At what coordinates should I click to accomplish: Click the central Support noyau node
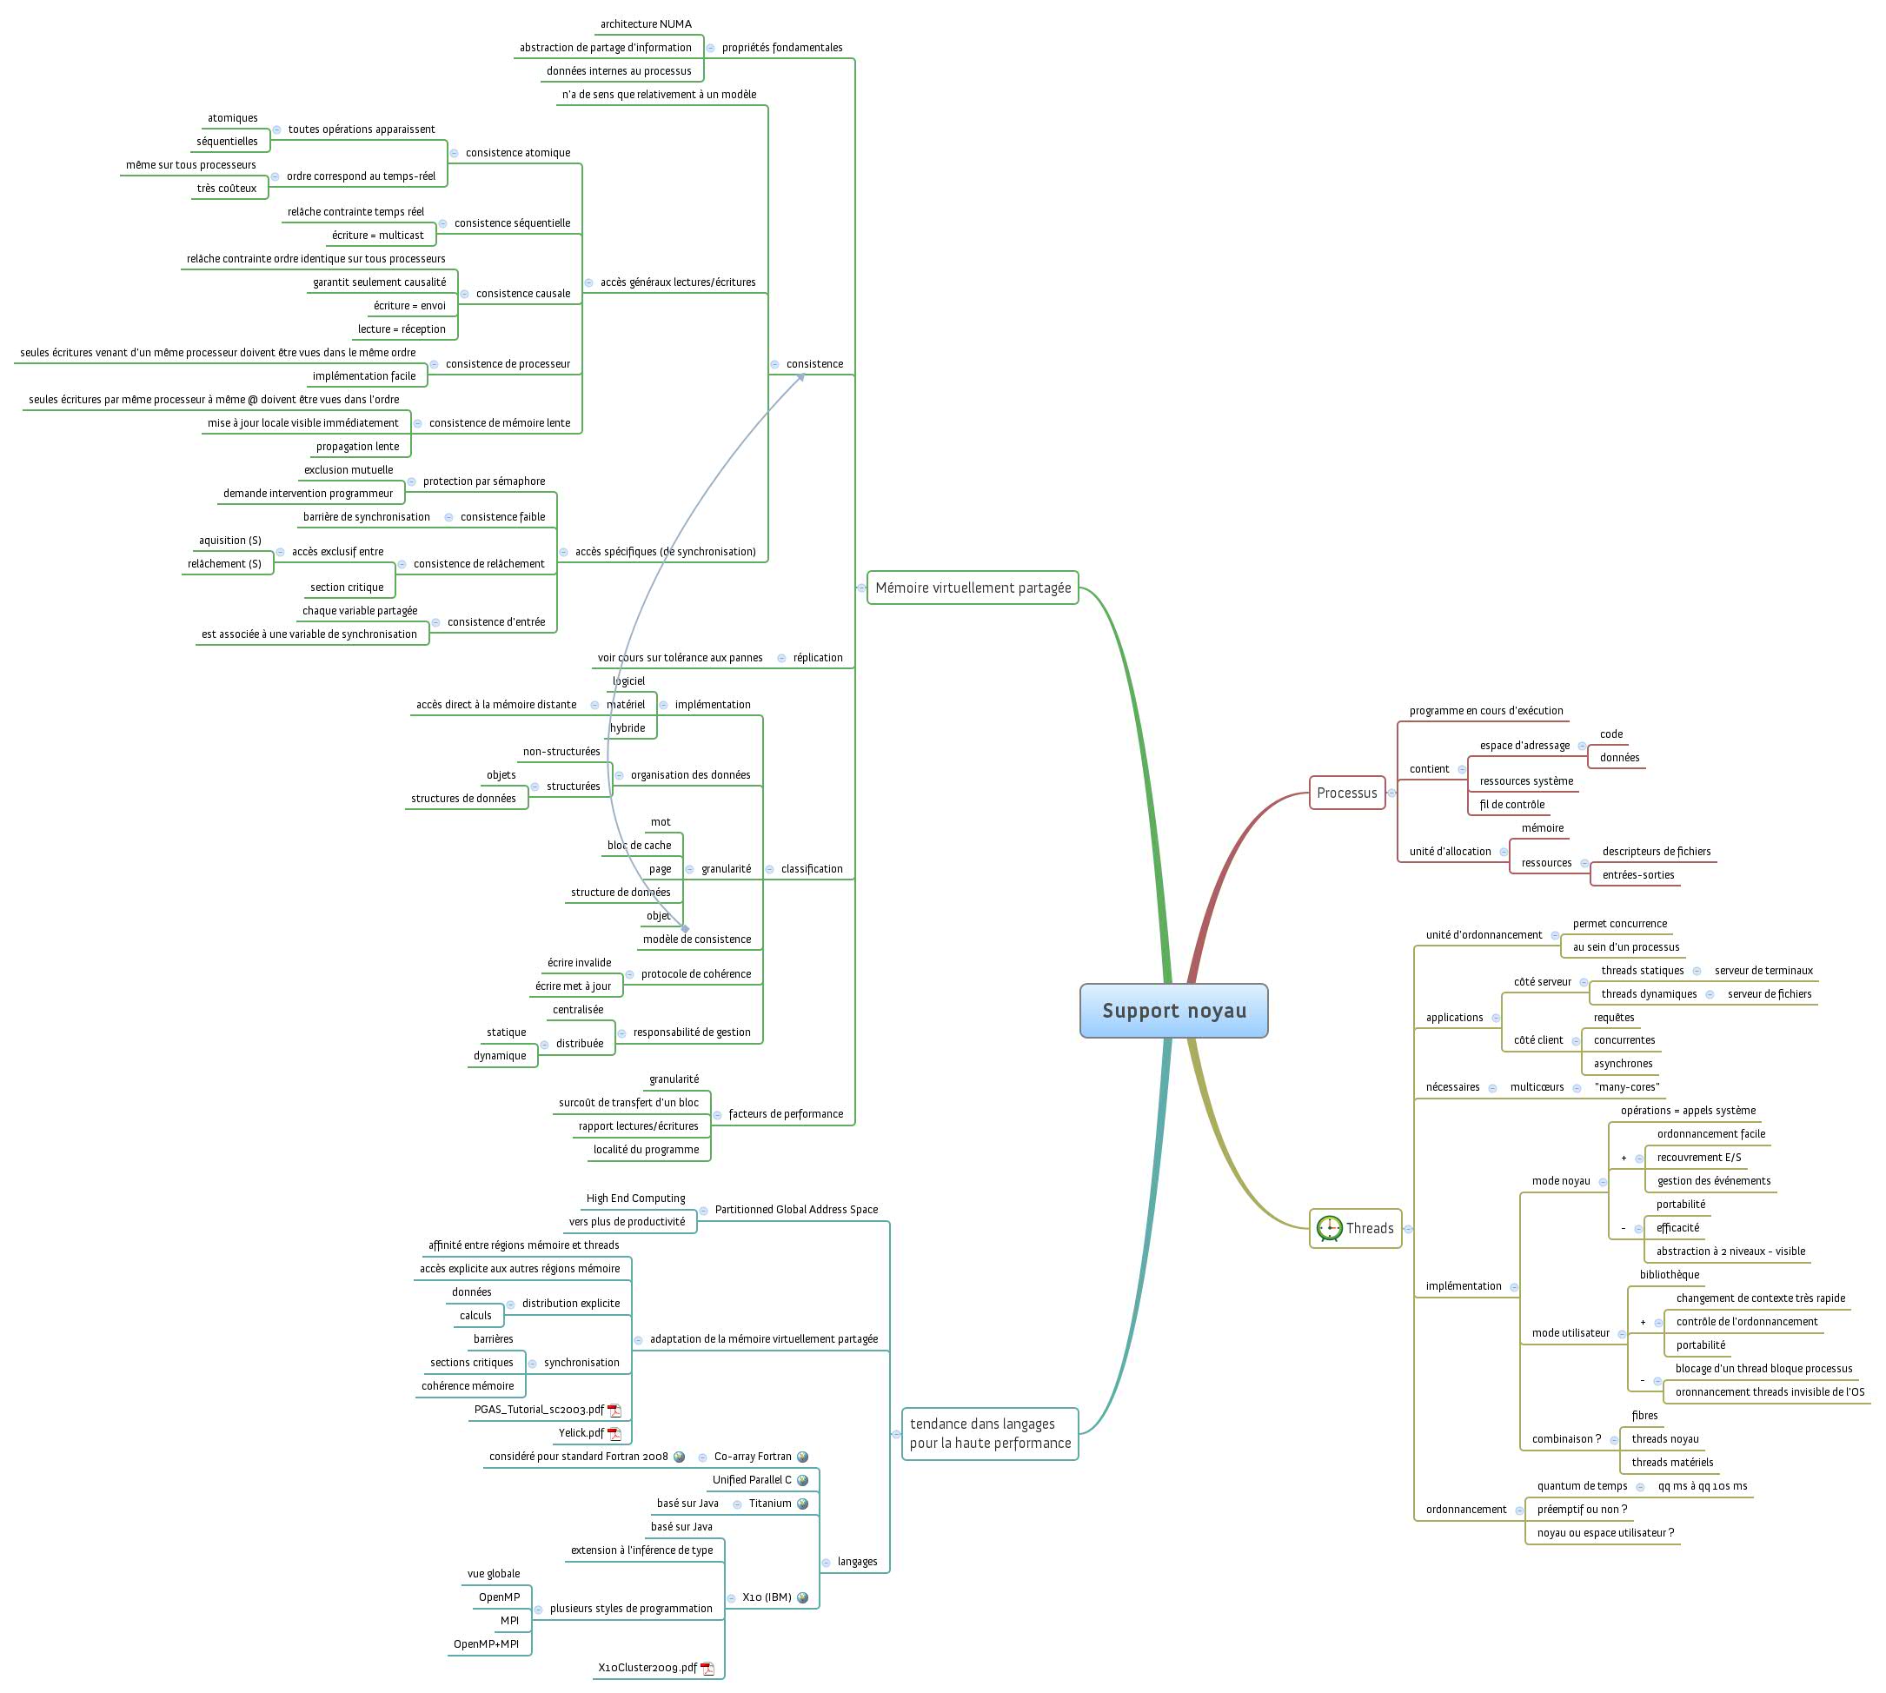(x=1173, y=1010)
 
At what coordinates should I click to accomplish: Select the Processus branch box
(x=1346, y=793)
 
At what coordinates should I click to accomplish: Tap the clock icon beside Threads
(x=1329, y=1228)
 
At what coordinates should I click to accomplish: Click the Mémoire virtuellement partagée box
(x=973, y=588)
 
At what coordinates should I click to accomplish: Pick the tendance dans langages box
(x=990, y=1433)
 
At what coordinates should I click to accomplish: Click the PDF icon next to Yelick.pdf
(x=614, y=1433)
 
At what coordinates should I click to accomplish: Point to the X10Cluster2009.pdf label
(x=647, y=1668)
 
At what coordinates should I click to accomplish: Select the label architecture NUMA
(x=646, y=24)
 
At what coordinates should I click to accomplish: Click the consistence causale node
(x=523, y=294)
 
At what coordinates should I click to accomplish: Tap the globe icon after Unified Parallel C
(x=803, y=1480)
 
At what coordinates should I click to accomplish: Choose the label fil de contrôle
(x=1512, y=805)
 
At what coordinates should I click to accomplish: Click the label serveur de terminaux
(x=1763, y=970)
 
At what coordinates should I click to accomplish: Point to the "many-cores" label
(x=1626, y=1087)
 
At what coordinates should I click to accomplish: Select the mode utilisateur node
(x=1571, y=1333)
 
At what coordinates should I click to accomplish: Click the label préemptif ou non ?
(x=1582, y=1510)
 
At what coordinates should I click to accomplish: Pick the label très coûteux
(x=226, y=189)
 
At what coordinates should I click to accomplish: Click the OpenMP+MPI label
(x=486, y=1643)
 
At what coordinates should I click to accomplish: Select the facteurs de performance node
(x=786, y=1114)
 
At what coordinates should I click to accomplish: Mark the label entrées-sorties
(x=1637, y=875)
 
